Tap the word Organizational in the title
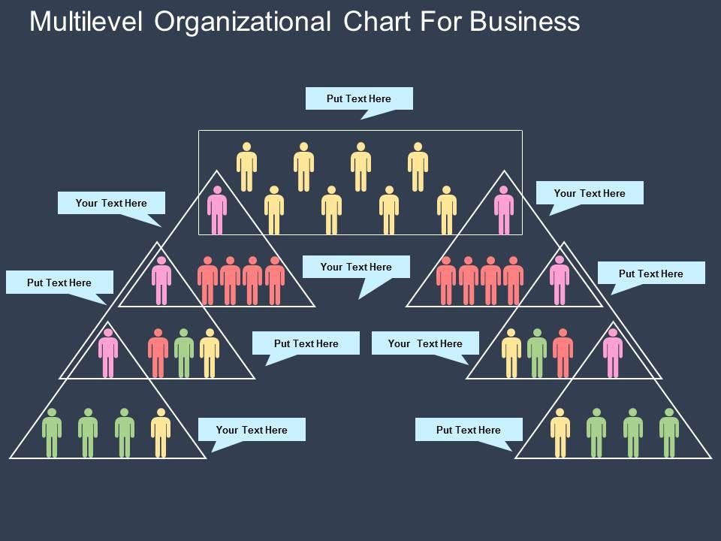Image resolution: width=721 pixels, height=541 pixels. (x=242, y=22)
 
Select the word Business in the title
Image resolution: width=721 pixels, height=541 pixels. (x=525, y=22)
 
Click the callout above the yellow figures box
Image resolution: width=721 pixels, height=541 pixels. (x=359, y=98)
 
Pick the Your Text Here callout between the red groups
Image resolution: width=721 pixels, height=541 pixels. (x=356, y=267)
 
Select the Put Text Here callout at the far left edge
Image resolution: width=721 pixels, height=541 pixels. (x=59, y=283)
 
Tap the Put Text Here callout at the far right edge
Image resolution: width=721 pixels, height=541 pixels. (x=651, y=274)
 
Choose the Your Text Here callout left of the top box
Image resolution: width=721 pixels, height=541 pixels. (x=111, y=203)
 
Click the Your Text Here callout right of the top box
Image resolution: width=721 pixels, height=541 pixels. (x=590, y=193)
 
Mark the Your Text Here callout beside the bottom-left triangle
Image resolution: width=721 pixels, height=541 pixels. (x=252, y=430)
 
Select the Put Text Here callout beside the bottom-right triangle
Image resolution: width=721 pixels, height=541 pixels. (x=468, y=430)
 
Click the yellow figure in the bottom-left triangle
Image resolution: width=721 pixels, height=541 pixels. (x=161, y=433)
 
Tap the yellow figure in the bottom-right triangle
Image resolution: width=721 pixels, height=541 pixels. (x=560, y=433)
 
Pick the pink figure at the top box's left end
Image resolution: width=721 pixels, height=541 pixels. (x=217, y=210)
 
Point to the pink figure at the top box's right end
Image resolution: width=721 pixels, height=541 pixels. (x=504, y=210)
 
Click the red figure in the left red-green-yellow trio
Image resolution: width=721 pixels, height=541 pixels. (x=158, y=353)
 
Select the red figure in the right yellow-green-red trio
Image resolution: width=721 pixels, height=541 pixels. (x=563, y=353)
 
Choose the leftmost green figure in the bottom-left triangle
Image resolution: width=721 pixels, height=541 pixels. (x=52, y=433)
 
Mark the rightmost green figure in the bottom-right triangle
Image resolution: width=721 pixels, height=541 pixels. (x=669, y=433)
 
